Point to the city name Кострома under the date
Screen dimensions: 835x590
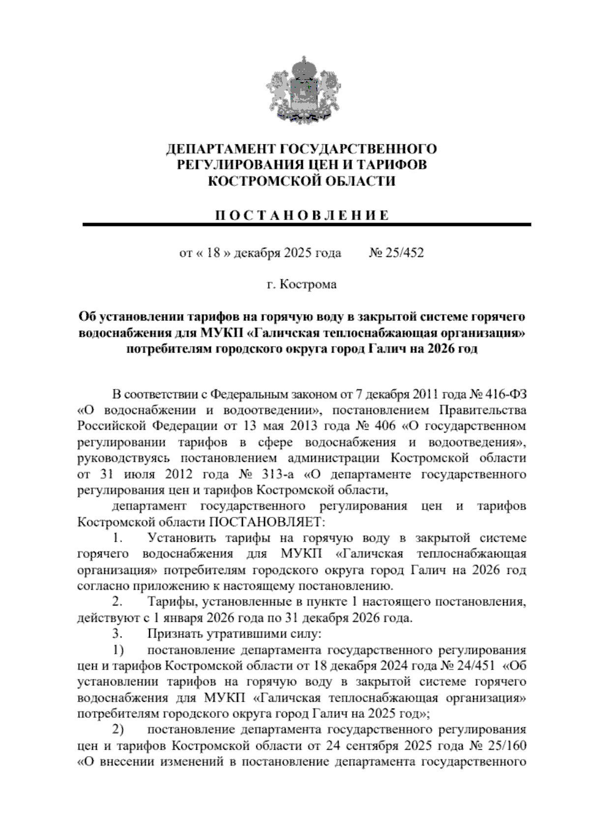[x=308, y=285]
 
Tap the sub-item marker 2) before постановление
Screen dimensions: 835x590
[x=118, y=729]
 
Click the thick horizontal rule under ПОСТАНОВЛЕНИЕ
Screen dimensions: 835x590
[x=306, y=225]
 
